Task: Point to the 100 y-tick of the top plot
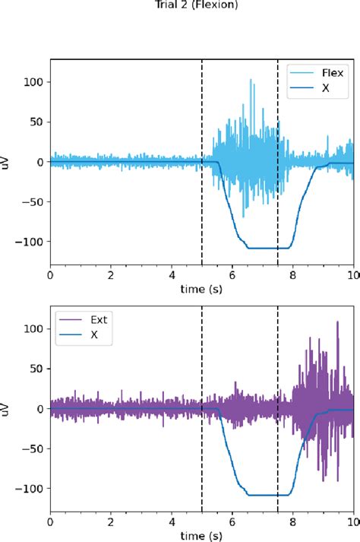(34, 82)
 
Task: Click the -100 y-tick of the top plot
(32, 242)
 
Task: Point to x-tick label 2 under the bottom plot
(111, 523)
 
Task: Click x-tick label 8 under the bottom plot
(293, 523)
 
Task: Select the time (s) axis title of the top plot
(202, 290)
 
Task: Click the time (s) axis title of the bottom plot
(202, 536)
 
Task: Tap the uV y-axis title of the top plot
(7, 162)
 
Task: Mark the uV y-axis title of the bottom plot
(7, 408)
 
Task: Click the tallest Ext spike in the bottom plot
(336, 322)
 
